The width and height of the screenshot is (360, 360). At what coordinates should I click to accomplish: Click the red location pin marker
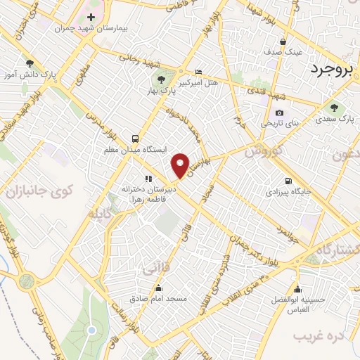click(x=181, y=165)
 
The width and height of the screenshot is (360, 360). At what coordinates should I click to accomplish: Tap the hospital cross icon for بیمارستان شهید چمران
click(x=91, y=16)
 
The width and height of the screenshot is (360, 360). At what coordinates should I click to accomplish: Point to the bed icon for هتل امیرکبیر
click(x=198, y=72)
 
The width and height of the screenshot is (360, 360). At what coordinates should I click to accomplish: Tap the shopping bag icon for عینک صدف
click(x=283, y=41)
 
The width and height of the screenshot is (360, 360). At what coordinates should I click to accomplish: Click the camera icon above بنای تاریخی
click(x=280, y=112)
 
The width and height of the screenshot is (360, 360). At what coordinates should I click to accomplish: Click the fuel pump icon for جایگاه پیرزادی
click(x=287, y=179)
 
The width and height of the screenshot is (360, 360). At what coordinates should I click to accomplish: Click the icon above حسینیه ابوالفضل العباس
click(x=298, y=288)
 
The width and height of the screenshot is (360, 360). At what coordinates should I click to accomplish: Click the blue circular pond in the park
click(x=91, y=330)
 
